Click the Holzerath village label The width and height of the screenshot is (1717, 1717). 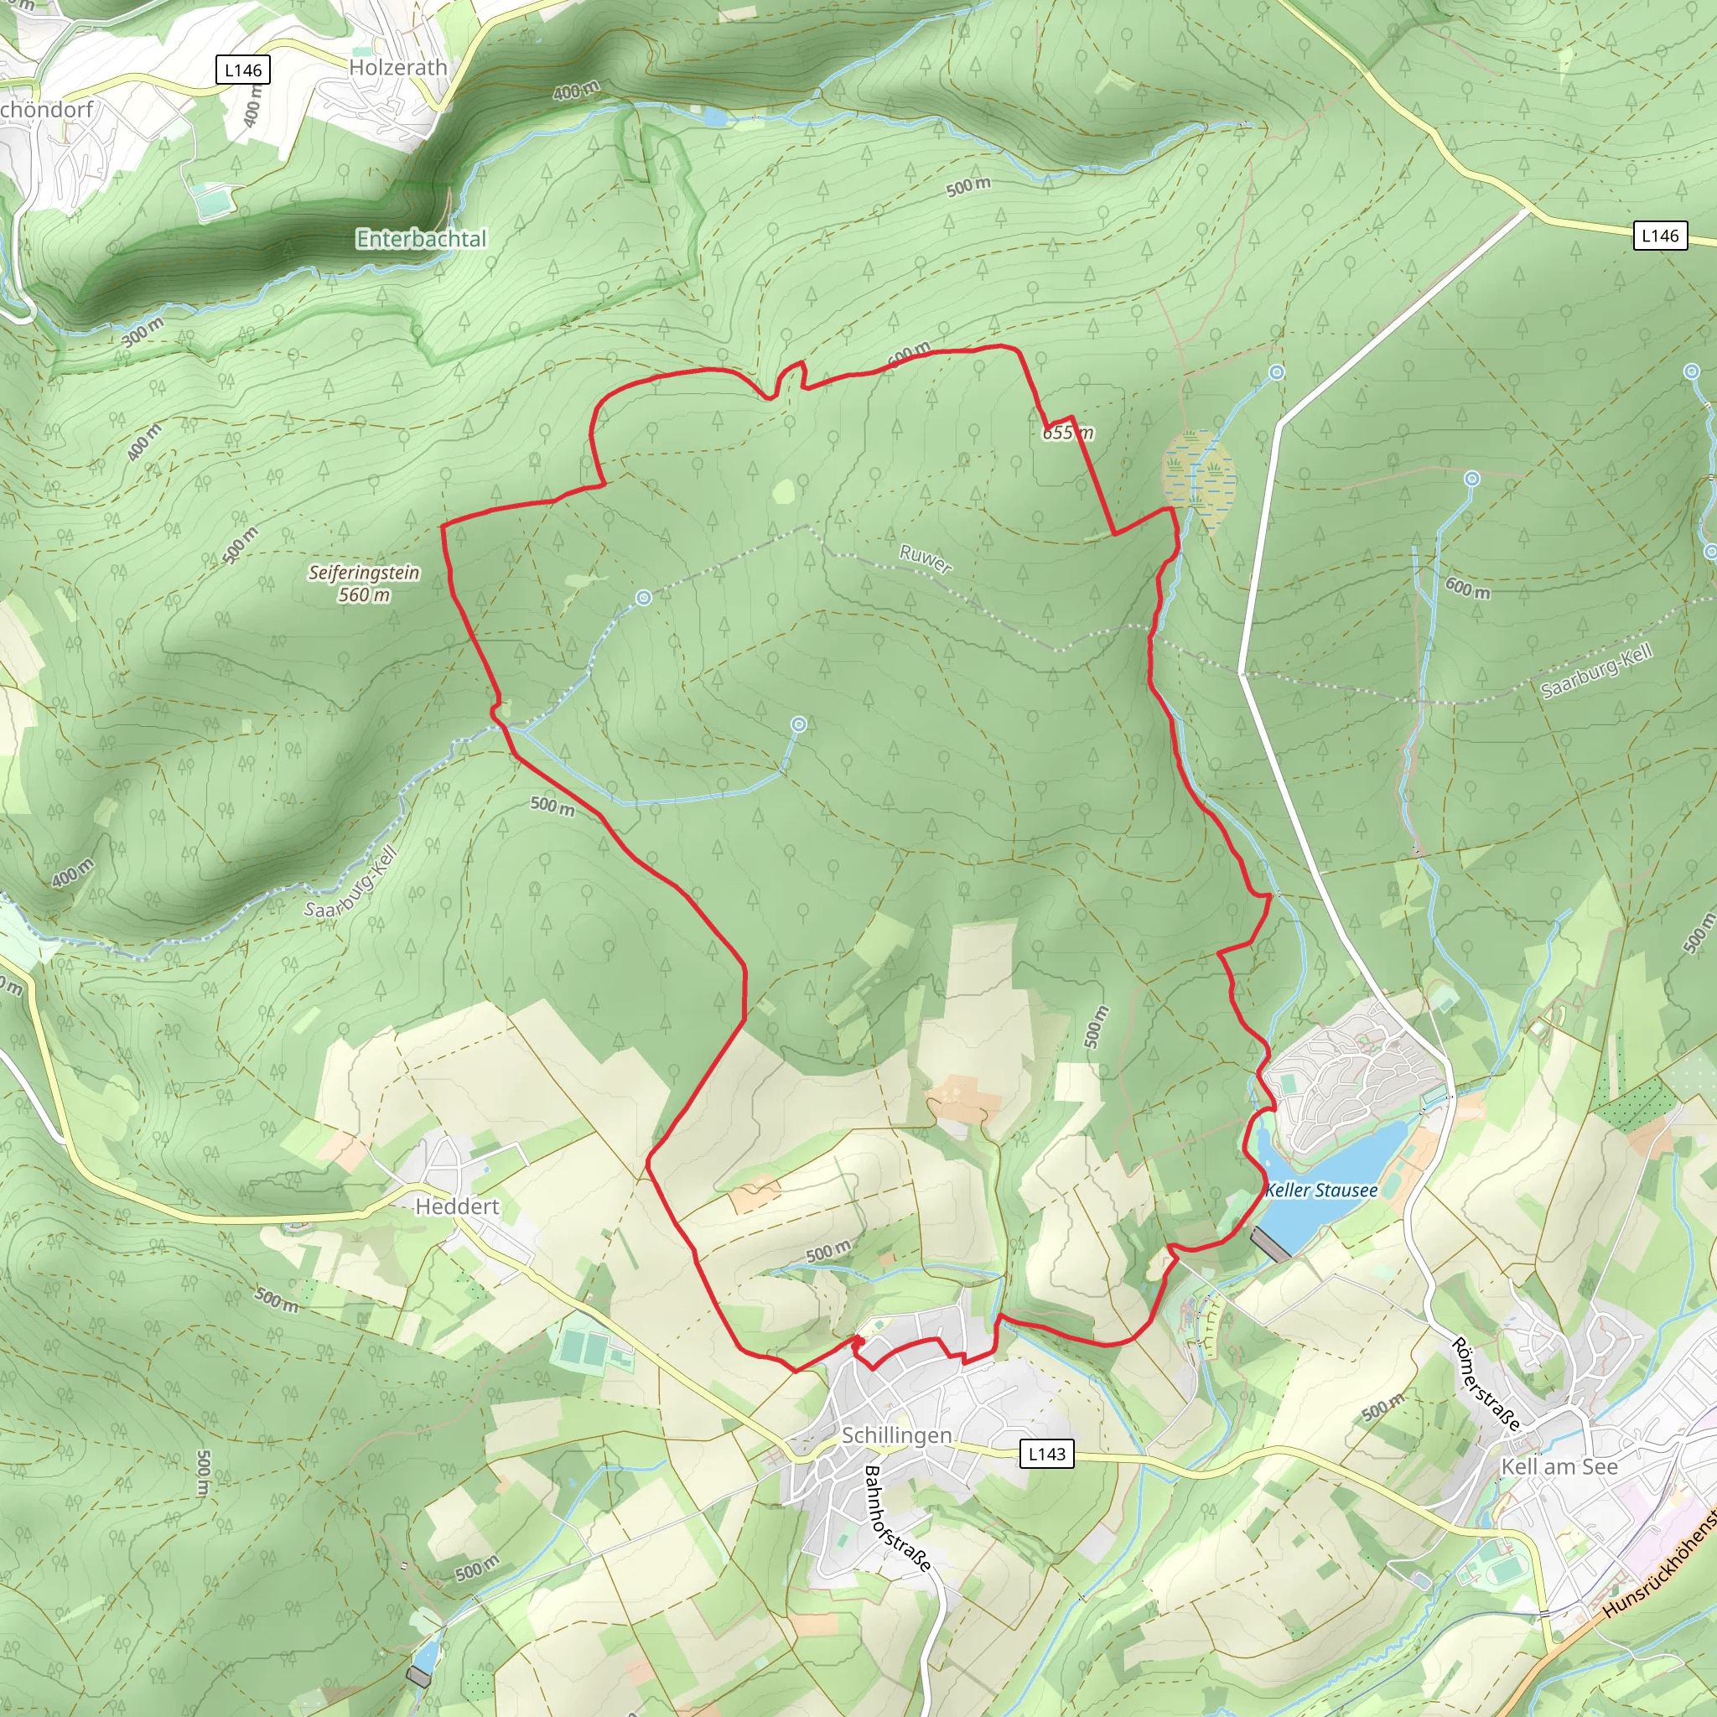pos(397,68)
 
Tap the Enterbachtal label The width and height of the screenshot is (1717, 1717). pos(421,238)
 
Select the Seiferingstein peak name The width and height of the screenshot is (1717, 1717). pos(364,573)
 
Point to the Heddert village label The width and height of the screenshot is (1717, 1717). pos(457,1206)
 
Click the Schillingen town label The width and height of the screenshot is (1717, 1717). pos(897,1435)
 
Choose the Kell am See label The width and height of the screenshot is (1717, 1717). pos(1559,1466)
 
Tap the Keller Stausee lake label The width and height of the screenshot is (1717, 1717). pos(1321,1190)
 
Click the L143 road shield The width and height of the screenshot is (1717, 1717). pos(1046,1454)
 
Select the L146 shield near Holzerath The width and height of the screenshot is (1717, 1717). pos(242,70)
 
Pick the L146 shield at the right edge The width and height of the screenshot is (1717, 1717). pos(1659,236)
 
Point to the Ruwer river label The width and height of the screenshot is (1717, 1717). pos(926,559)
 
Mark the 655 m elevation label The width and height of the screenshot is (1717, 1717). pos(1067,433)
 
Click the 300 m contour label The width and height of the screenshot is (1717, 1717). pos(143,331)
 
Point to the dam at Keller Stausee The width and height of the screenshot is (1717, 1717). pos(1270,1245)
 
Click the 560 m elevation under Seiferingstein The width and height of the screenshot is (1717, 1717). pos(364,594)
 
